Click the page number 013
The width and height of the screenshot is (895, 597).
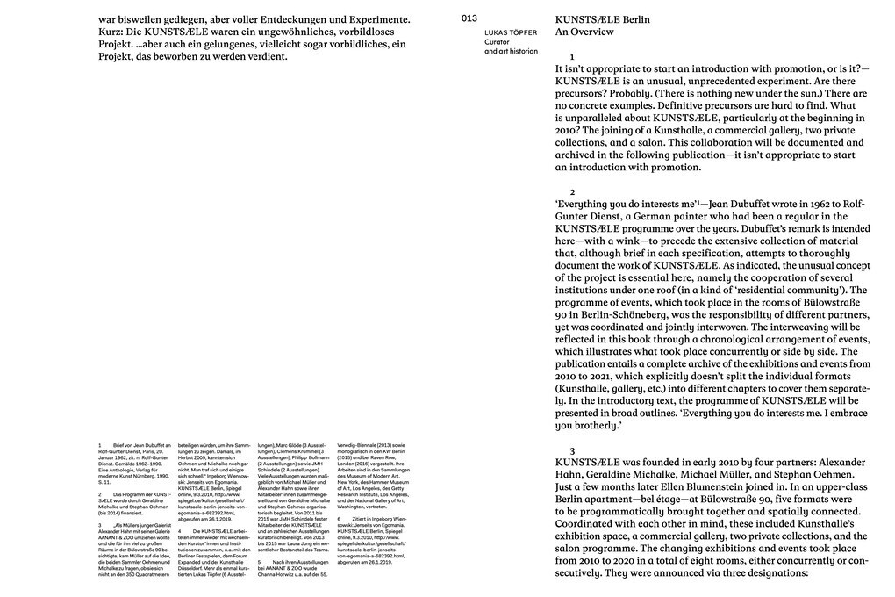[469, 18]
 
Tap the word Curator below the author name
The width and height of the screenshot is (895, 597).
[498, 42]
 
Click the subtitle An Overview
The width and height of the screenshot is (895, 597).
[584, 32]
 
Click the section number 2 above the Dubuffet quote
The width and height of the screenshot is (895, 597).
[572, 191]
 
